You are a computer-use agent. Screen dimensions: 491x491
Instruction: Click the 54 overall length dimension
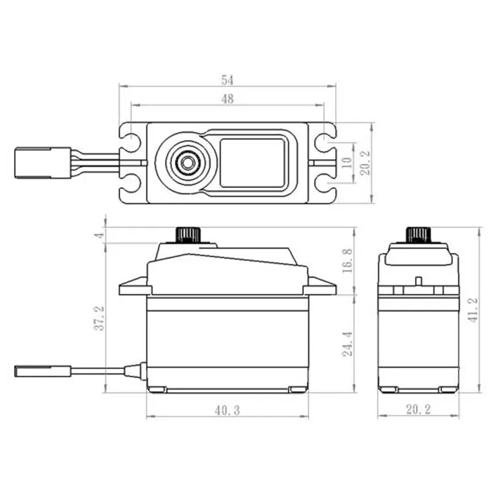tap(228, 80)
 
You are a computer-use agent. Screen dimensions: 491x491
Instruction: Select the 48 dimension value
tap(228, 99)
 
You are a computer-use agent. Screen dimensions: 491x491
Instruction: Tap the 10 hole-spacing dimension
tap(346, 163)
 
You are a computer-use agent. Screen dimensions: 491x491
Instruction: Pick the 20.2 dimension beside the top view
tap(366, 163)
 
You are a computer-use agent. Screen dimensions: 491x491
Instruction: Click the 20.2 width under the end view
tap(417, 410)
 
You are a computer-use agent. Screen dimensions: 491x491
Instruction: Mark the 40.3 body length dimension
tap(227, 410)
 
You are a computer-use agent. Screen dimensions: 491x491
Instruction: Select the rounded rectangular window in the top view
tap(252, 162)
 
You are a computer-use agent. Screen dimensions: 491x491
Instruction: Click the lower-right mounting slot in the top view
tap(324, 182)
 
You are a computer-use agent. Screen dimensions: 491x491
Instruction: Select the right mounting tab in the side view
tap(320, 286)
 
